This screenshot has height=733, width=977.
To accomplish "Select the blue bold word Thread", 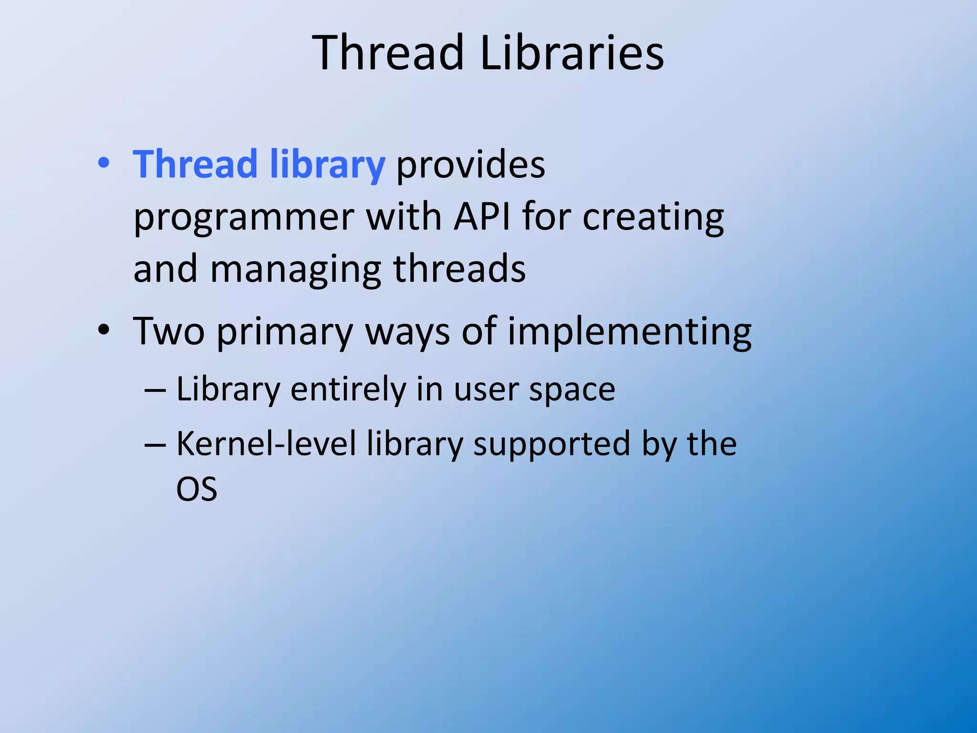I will click(x=195, y=165).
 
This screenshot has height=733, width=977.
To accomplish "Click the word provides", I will click(x=470, y=166).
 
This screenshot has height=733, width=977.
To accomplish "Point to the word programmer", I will click(x=243, y=218).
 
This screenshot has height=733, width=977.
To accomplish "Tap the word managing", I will click(x=295, y=270).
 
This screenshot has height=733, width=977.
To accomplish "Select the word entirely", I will click(x=348, y=390).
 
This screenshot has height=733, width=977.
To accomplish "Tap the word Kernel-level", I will click(x=266, y=444).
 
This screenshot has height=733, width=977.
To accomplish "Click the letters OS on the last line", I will click(x=197, y=489).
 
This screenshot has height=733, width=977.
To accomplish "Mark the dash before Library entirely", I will click(x=155, y=390).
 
